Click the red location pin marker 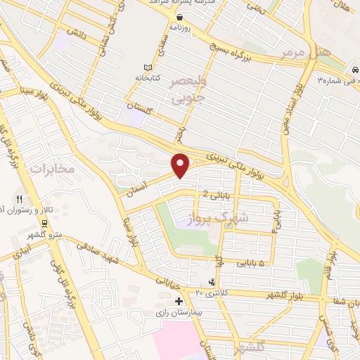[x=181, y=165]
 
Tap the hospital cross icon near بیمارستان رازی [x=179, y=301]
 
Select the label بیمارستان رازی [x=179, y=311]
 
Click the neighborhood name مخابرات [x=52, y=169]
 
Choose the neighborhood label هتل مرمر [x=294, y=53]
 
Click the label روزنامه [x=181, y=27]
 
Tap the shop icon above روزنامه [x=181, y=17]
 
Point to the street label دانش [x=75, y=32]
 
